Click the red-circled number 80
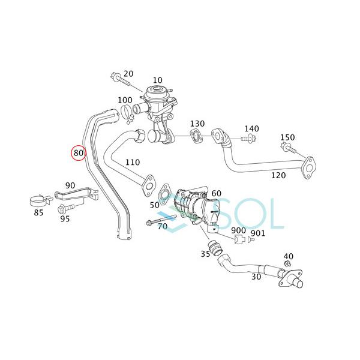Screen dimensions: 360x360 pos(78,153)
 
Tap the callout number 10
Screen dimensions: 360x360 pos(157,80)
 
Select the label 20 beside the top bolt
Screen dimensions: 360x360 pos(128,74)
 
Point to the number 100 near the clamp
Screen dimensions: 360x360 pos(125,100)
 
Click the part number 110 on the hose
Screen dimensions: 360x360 pos(133,163)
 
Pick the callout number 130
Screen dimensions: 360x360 pos(197,124)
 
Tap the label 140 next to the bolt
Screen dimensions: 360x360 pos(251,128)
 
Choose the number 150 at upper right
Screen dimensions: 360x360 pos(287,138)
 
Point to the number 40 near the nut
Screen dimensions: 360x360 pos(288,256)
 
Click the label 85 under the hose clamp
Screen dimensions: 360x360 pos(39,212)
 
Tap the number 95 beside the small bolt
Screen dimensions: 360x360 pos(64,218)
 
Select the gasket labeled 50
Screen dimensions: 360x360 pos(163,195)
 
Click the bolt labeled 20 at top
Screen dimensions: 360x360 pos(115,77)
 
